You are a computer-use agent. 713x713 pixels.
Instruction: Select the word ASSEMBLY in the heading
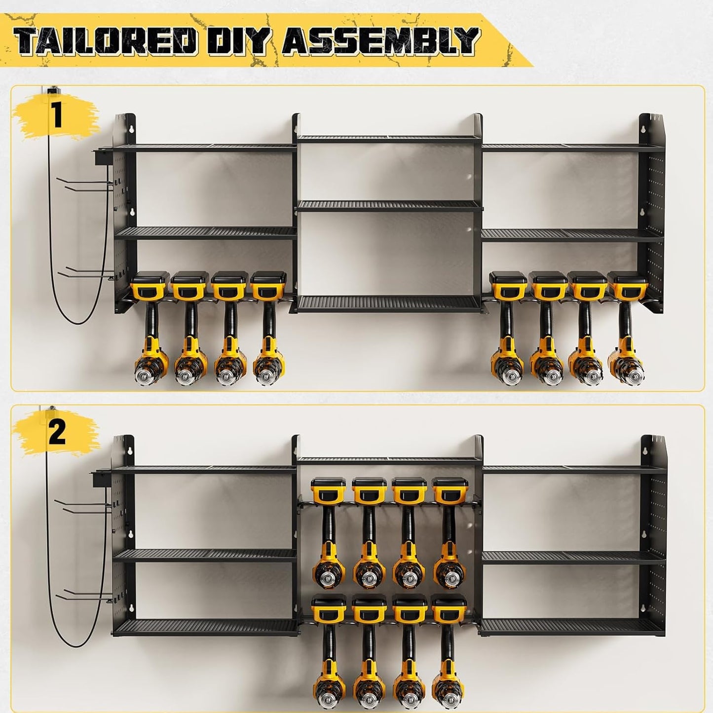(380, 41)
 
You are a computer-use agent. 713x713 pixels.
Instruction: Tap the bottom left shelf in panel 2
(205, 627)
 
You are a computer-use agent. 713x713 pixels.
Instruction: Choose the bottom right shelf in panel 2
(572, 627)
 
